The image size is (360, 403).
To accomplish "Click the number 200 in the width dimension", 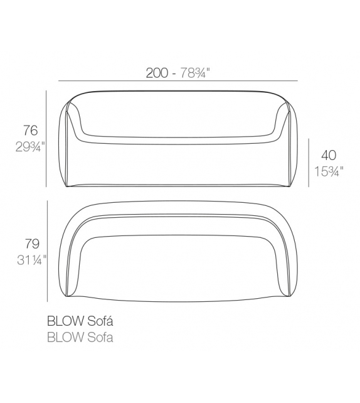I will pos(157,73).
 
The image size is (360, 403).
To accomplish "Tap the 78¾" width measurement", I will pos(192,73).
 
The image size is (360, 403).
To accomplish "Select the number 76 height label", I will pos(31,131).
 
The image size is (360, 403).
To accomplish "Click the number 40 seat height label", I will pos(329,155).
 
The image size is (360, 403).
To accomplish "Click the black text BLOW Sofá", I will pos(80,320).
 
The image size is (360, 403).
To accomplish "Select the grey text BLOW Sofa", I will pos(80,338).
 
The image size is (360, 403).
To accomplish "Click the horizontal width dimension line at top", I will pos(177,82).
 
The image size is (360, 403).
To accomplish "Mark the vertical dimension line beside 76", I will pos(48,138).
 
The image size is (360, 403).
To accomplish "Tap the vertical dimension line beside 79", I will pos(48,250).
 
